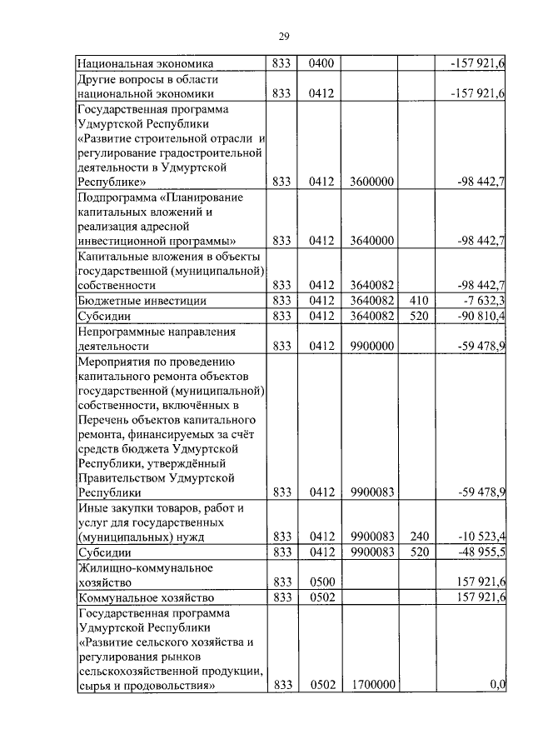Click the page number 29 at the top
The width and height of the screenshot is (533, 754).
pos(283,36)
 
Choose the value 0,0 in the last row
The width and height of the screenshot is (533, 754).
pos(497,685)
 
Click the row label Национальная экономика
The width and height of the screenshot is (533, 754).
pos(146,63)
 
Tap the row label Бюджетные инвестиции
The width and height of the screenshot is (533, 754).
pos(142,301)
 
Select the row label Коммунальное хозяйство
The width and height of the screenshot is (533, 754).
pos(146,597)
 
